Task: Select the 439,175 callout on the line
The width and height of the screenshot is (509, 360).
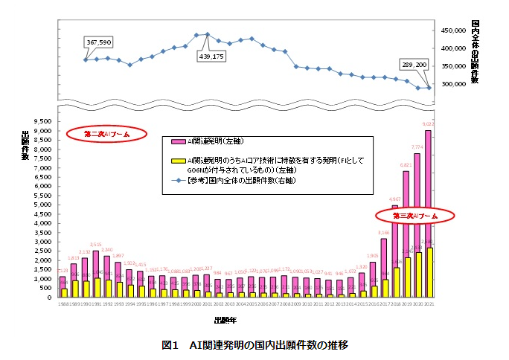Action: tap(210, 57)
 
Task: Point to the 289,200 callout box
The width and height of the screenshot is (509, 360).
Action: tap(414, 65)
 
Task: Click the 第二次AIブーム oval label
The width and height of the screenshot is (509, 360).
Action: tap(106, 135)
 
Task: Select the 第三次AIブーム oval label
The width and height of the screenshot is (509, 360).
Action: tap(414, 215)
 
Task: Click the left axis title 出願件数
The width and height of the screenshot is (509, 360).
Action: tap(25, 145)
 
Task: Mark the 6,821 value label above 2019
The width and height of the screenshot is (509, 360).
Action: tap(406, 165)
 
